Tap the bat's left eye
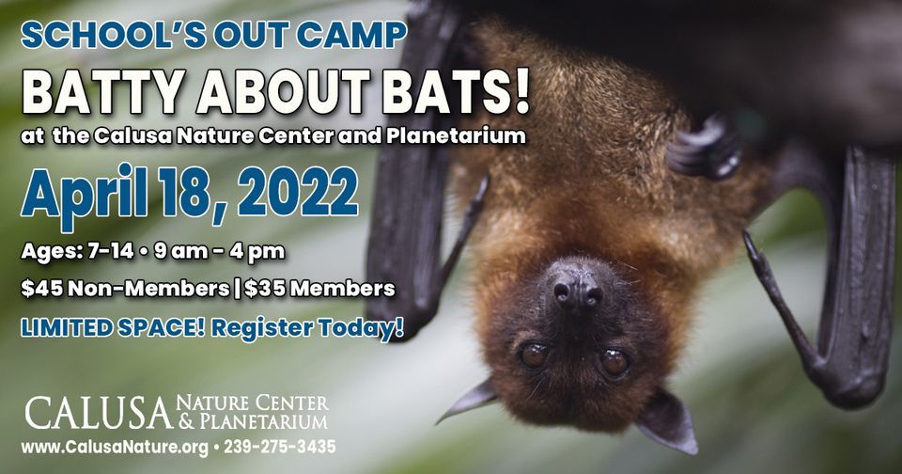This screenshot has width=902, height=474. tap(534, 355)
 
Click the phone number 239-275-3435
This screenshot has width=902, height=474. tap(279, 447)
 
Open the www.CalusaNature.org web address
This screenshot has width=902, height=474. tap(114, 447)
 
